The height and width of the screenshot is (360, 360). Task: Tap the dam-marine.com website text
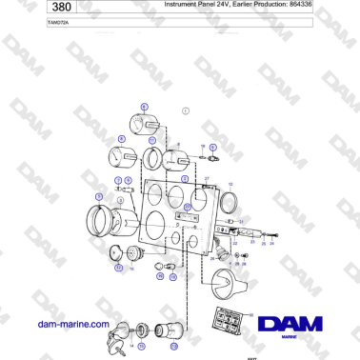[72, 324]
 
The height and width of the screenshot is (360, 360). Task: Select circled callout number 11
[152, 140]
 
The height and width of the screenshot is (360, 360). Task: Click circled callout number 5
[98, 197]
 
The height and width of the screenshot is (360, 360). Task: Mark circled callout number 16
[160, 275]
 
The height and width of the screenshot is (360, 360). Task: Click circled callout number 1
[185, 111]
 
